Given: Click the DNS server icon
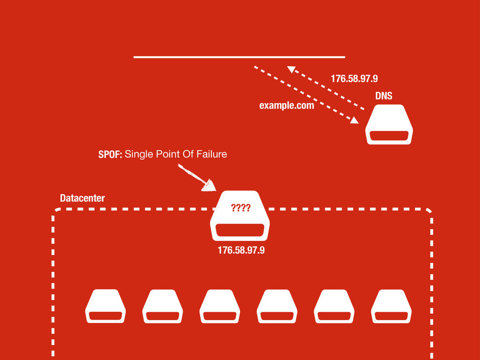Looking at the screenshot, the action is click(389, 124).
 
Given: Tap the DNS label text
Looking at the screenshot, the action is click(383, 96).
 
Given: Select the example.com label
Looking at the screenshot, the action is click(286, 106).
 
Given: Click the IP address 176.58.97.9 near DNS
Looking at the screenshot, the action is click(354, 78).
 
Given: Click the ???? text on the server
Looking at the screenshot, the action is click(240, 208).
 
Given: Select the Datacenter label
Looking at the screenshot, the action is click(82, 199).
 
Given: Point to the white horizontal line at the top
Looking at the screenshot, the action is click(239, 57).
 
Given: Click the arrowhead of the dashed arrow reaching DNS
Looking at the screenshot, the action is click(354, 120).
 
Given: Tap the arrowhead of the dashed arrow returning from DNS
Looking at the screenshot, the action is click(292, 70).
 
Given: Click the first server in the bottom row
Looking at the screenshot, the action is click(105, 306).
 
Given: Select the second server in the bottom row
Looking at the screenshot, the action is click(163, 306).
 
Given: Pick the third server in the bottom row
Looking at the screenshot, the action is click(220, 306).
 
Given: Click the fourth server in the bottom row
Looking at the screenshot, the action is click(277, 306).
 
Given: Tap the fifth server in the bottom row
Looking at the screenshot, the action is click(334, 306).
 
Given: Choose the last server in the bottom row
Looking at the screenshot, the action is click(391, 306).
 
